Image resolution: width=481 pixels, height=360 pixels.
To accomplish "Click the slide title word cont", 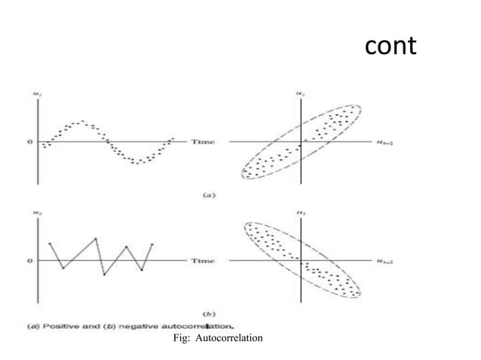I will (x=390, y=46).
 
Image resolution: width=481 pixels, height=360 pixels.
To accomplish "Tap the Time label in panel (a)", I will (x=202, y=141).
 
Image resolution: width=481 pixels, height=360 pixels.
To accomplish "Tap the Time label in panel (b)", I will (x=202, y=261).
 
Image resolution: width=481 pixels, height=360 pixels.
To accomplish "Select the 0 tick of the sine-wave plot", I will (x=30, y=141).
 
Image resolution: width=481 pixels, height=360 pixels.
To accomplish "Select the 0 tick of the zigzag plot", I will (x=30, y=261).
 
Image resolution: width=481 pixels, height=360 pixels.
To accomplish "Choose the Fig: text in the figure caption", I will (x=182, y=338).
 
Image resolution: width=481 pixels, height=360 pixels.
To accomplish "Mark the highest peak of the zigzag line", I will (x=96, y=239).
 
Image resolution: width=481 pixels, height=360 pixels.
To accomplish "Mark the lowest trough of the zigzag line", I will (x=104, y=275).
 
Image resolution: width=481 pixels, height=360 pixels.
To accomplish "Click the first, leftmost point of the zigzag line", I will (x=49, y=243).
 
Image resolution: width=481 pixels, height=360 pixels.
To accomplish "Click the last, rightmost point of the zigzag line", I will (x=152, y=244).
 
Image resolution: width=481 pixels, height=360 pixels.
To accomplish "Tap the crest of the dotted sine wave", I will (x=81, y=121).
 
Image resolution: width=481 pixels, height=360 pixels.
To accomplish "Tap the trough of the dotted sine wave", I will (x=137, y=162).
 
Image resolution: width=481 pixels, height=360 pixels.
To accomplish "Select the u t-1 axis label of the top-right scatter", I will (x=383, y=141).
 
